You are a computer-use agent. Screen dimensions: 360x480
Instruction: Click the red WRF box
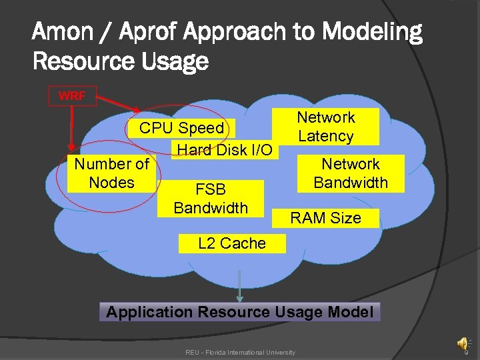pyautogui.click(x=72, y=96)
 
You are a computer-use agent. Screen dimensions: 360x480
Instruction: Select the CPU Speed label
pyautogui.click(x=181, y=128)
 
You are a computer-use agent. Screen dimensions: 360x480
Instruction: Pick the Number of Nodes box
pyautogui.click(x=112, y=173)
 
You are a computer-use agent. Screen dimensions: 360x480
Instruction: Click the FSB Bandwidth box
pyautogui.click(x=211, y=199)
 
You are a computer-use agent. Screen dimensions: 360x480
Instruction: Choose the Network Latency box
pyautogui.click(x=326, y=127)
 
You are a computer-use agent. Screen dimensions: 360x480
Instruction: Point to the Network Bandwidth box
pyautogui.click(x=351, y=173)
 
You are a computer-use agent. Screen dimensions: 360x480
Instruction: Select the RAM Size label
pyautogui.click(x=325, y=218)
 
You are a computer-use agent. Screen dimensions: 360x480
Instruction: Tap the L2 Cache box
pyautogui.click(x=231, y=243)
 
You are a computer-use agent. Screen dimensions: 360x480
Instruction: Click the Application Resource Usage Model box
pyautogui.click(x=240, y=312)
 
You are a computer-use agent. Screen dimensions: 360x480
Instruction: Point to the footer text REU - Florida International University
pyautogui.click(x=240, y=352)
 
